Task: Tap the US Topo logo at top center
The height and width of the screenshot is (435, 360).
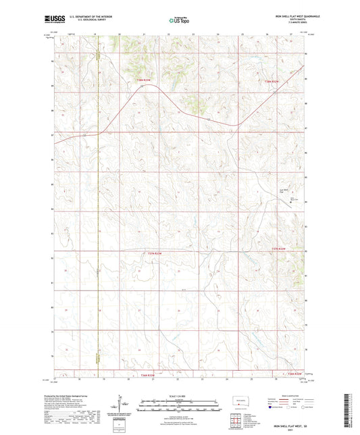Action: [x=179, y=21]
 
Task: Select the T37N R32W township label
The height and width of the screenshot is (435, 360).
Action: [x=279, y=250]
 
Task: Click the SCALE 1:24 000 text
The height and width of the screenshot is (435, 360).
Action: [x=179, y=395]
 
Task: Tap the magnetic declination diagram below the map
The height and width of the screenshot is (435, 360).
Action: [x=124, y=406]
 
